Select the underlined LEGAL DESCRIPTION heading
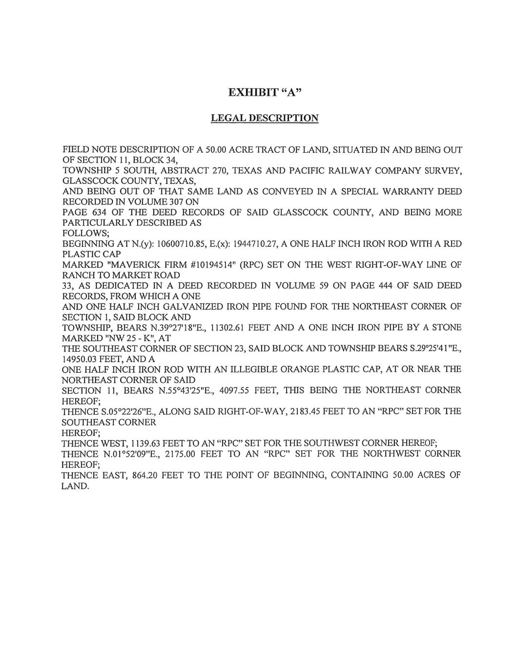(265, 118)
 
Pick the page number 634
(102, 213)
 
